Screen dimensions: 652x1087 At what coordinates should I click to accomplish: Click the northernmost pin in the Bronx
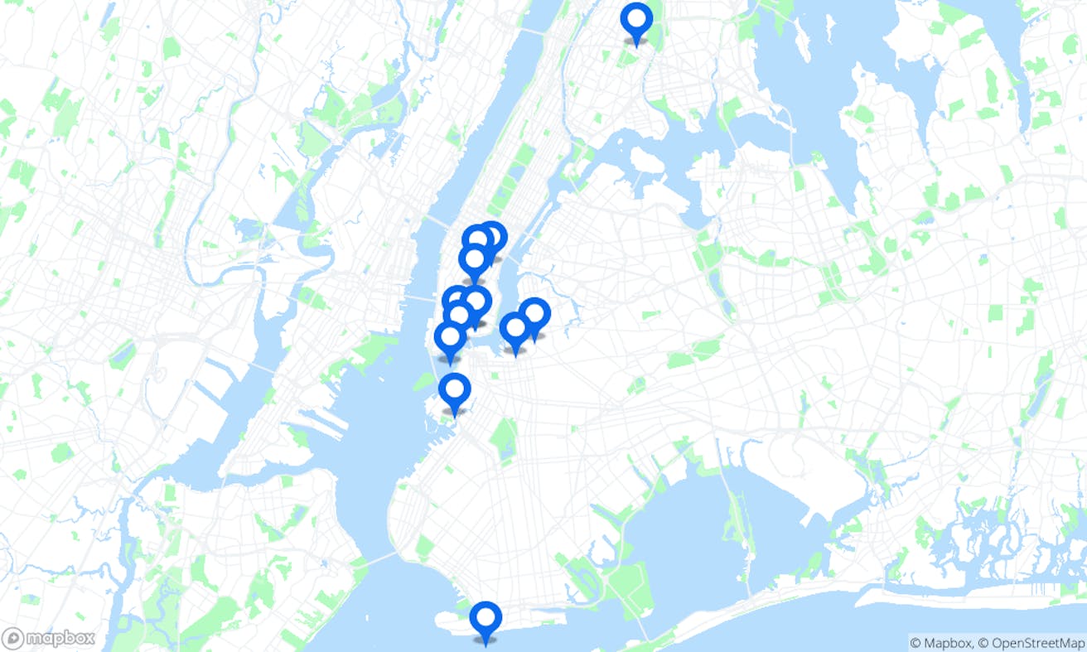[636, 21]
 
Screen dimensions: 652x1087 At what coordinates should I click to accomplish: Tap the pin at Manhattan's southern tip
[450, 340]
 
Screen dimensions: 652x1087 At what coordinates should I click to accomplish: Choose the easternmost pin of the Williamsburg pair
[535, 316]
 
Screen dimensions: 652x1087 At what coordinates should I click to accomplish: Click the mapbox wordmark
[59, 639]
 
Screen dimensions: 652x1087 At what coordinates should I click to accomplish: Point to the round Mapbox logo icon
[12, 639]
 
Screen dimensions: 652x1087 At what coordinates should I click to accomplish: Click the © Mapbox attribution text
[940, 643]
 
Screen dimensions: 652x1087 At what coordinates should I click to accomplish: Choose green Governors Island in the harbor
[424, 382]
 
